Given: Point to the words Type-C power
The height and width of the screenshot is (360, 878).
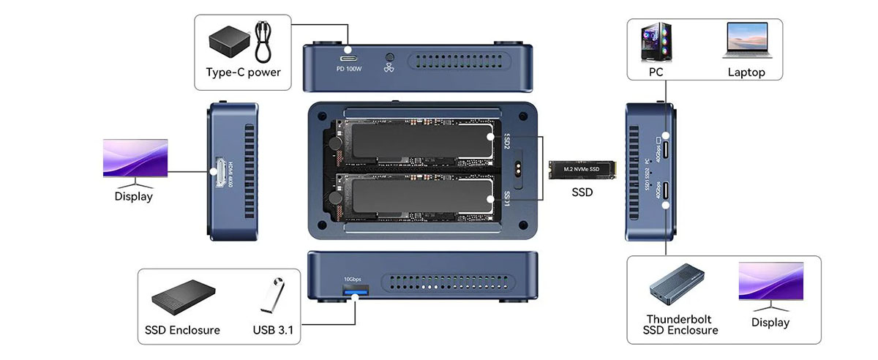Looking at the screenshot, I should click(243, 72).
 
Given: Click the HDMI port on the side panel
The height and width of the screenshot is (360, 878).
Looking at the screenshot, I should click(218, 173).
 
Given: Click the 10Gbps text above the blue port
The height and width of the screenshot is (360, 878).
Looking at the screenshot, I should click(352, 280).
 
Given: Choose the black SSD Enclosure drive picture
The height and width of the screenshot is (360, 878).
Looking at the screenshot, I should click(181, 296).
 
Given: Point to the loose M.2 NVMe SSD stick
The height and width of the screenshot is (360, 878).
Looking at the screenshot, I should click(583, 170).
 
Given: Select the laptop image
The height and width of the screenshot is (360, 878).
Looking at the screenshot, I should click(746, 42).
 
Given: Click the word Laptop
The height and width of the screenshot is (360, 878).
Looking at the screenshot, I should click(746, 72).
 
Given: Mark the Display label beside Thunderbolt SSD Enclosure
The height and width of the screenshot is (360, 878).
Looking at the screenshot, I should click(770, 323).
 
